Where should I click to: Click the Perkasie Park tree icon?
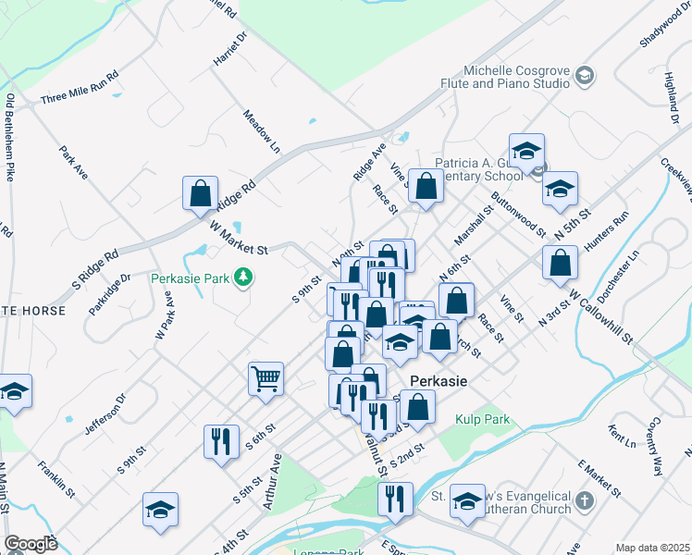(243, 277)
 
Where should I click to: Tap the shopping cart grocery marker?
(266, 378)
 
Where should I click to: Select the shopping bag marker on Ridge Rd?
(200, 194)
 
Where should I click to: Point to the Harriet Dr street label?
(232, 49)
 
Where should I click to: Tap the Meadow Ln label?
(261, 131)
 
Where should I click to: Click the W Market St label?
(238, 237)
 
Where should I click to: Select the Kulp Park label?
(483, 419)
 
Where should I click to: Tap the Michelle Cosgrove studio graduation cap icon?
(584, 75)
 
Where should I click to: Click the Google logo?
(31, 543)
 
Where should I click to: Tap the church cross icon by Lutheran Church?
(583, 501)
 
